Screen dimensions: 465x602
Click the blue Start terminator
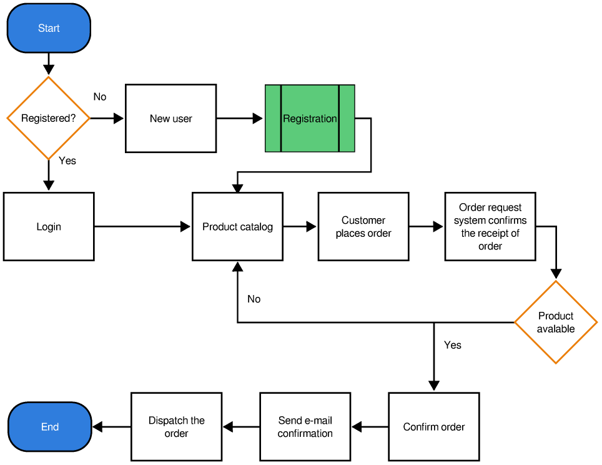point(49,28)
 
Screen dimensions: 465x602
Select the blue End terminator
point(49,427)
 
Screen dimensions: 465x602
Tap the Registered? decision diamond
point(48,118)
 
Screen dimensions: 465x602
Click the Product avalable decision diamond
point(555,322)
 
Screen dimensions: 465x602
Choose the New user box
point(170,118)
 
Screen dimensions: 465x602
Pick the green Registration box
point(310,118)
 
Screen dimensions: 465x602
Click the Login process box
point(49,226)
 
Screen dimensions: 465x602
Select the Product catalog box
point(237,226)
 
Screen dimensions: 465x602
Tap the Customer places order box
point(363,226)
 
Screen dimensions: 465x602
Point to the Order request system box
point(490,226)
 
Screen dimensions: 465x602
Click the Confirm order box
point(434,427)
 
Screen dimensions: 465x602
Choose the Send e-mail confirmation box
point(305,427)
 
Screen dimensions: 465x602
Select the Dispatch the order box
point(176,427)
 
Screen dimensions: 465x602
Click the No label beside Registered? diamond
point(100,97)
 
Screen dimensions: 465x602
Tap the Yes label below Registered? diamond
point(67,161)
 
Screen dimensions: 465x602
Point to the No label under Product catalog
point(254,299)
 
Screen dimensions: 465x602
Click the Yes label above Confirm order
point(453,345)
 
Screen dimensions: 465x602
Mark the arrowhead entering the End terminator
point(98,427)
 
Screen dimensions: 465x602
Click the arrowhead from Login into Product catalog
point(185,226)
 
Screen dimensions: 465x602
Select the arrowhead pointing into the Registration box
point(258,118)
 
